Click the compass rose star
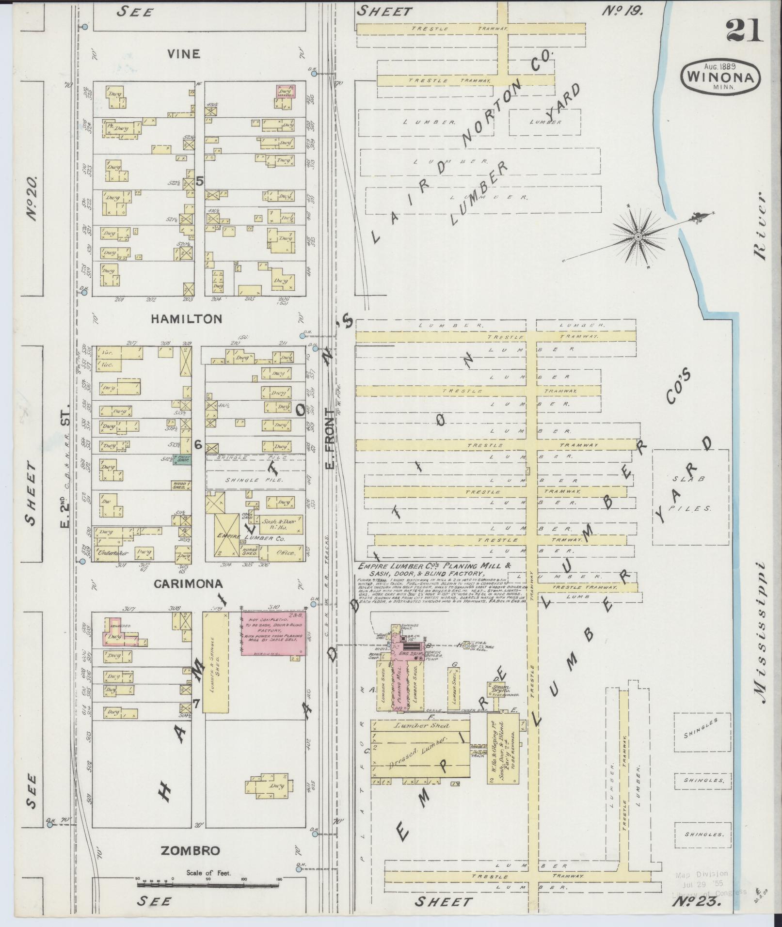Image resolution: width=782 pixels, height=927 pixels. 638,236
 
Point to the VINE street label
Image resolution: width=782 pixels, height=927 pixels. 183,54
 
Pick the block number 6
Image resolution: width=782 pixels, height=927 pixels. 197,444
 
